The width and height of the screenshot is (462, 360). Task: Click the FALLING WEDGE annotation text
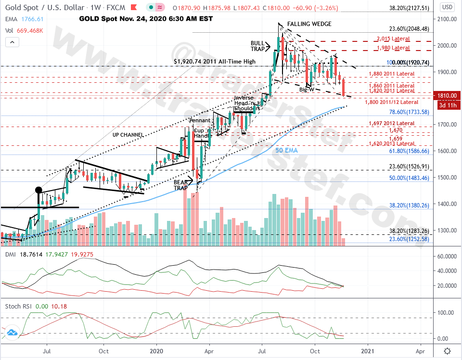(x=309, y=24)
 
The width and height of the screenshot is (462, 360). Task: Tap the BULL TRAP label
(x=257, y=46)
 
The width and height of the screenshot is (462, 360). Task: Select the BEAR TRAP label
(x=181, y=185)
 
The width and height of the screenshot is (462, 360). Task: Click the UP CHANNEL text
(x=128, y=135)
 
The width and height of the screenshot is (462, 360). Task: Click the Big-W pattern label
(x=307, y=90)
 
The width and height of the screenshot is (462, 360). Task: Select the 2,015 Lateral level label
(x=393, y=39)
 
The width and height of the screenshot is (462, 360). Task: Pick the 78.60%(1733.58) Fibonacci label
(x=409, y=112)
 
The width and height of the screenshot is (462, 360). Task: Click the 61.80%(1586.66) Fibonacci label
(x=409, y=151)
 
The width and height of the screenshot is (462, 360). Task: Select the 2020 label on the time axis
(x=157, y=351)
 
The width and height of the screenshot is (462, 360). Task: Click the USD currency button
(x=447, y=7)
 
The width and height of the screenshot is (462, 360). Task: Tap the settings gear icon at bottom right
(x=448, y=351)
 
